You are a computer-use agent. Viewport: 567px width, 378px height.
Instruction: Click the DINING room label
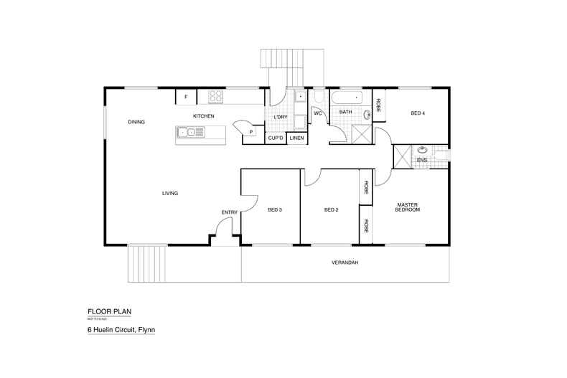[136, 122]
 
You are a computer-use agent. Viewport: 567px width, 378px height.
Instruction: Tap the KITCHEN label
[203, 116]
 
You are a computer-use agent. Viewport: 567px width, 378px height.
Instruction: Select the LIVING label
[170, 193]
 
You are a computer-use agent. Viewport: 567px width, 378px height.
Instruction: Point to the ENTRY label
[229, 212]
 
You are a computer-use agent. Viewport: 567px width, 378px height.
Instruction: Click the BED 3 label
[274, 210]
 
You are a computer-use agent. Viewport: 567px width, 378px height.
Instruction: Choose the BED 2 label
[331, 210]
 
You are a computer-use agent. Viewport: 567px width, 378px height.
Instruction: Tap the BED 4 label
[418, 113]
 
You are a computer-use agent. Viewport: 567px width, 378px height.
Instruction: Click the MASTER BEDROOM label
[408, 207]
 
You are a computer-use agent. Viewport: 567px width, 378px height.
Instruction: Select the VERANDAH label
[345, 263]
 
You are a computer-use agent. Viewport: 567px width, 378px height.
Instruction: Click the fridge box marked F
[186, 97]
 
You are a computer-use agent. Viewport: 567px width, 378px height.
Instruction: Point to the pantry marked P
[251, 132]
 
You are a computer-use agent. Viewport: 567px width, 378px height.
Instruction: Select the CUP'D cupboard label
[276, 138]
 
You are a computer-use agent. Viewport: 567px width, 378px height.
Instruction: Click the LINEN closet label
[297, 138]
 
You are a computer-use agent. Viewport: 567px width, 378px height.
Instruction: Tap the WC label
[317, 113]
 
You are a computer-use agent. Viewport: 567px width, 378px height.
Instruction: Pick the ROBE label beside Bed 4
[378, 105]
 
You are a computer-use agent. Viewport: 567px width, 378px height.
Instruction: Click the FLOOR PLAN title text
[110, 311]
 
